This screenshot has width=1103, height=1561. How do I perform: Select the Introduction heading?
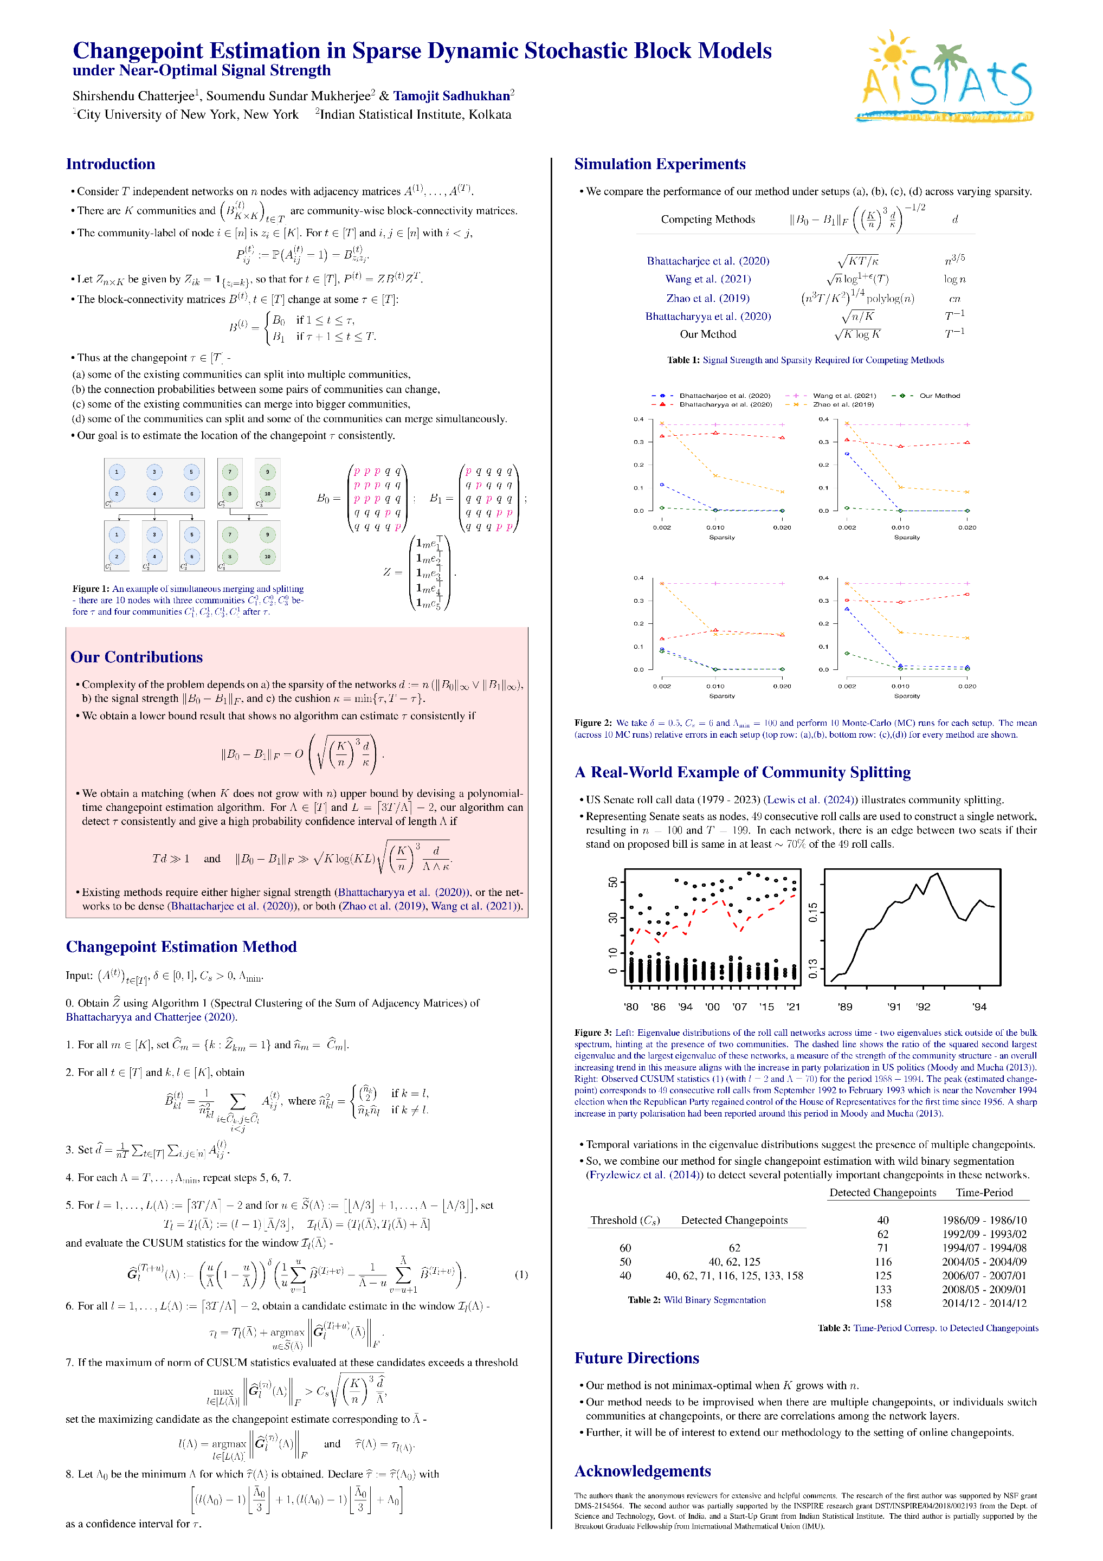(110, 164)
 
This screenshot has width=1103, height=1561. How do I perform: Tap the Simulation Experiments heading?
(659, 164)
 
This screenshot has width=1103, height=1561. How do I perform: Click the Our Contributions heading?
(137, 657)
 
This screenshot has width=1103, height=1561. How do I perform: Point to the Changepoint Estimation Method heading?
(181, 946)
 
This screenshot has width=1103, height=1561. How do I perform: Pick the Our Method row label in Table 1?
(707, 334)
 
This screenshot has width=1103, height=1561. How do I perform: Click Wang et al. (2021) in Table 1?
(707, 279)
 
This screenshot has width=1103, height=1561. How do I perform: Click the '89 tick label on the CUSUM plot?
(844, 1007)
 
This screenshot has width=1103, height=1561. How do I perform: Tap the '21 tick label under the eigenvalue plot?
(793, 1007)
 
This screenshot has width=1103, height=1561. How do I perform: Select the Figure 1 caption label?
(91, 589)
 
